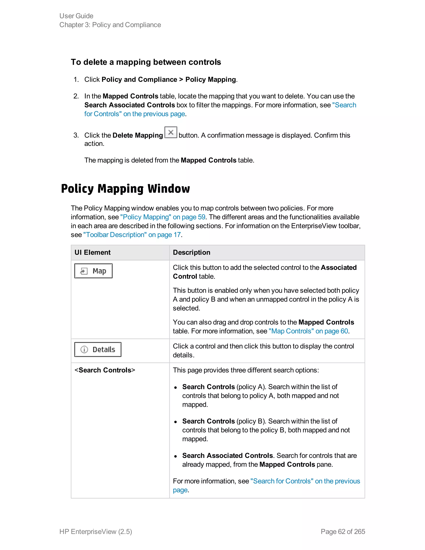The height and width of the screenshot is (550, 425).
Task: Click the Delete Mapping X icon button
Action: pyautogui.click(x=171, y=132)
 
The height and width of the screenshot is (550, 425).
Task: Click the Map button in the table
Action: pyautogui.click(x=93, y=271)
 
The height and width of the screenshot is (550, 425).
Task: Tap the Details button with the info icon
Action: pyautogui.click(x=98, y=350)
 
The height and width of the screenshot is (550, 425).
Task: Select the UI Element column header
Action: pyautogui.click(x=92, y=252)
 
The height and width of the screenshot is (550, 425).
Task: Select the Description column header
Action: pyautogui.click(x=191, y=252)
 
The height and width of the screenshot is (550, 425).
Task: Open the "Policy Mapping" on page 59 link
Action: pyautogui.click(x=163, y=217)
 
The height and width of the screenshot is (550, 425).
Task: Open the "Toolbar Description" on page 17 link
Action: pyautogui.click(x=132, y=235)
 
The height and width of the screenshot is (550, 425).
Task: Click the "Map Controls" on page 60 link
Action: pyautogui.click(x=308, y=331)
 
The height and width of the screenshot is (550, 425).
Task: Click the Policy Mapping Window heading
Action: pyautogui.click(x=125, y=189)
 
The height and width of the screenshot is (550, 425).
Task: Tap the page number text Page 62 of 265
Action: pyautogui.click(x=343, y=532)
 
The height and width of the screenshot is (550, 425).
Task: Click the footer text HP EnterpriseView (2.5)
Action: pyautogui.click(x=96, y=532)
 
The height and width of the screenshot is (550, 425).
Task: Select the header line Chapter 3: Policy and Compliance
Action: pyautogui.click(x=110, y=25)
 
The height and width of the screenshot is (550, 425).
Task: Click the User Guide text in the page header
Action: pyautogui.click(x=76, y=16)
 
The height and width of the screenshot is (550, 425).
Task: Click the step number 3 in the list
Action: pyautogui.click(x=76, y=135)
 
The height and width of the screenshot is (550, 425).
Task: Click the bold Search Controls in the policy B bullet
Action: pyautogui.click(x=209, y=421)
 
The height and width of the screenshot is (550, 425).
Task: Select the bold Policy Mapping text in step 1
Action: pyautogui.click(x=210, y=79)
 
